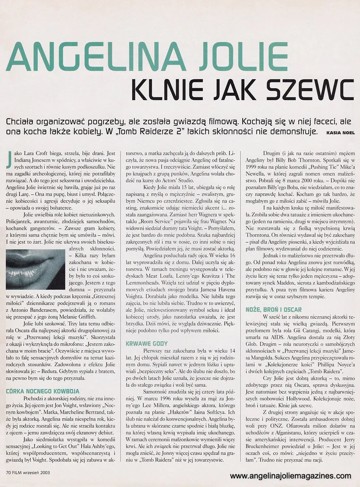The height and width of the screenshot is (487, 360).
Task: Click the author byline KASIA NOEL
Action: pyautogui.click(x=339, y=132)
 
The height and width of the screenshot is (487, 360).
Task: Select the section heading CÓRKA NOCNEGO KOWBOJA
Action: pyautogui.click(x=43, y=392)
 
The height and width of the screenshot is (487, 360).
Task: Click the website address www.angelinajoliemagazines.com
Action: pyautogui.click(x=291, y=476)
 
